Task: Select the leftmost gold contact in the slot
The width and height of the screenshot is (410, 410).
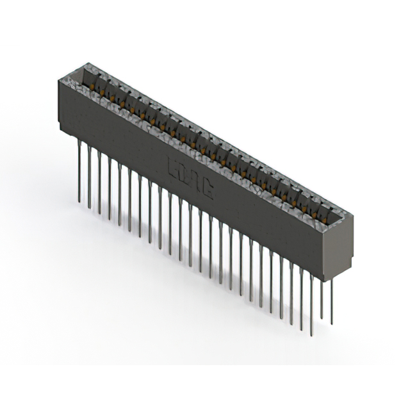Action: (x=94, y=85)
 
